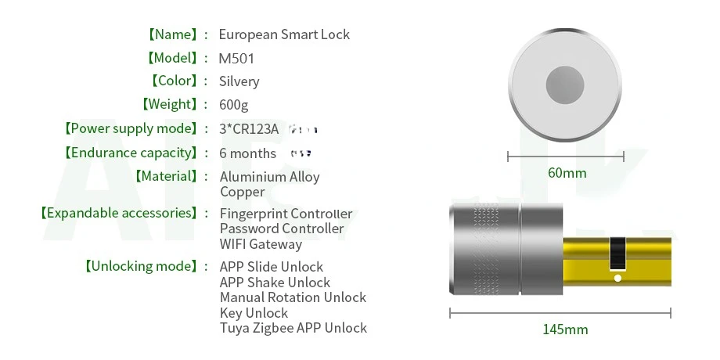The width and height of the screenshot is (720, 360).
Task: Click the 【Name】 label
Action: pyautogui.click(x=171, y=34)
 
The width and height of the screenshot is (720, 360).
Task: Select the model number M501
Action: pyautogui.click(x=236, y=58)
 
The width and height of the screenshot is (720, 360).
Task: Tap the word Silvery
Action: pyautogui.click(x=239, y=81)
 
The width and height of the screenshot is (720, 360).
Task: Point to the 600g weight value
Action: pyautogui.click(x=234, y=105)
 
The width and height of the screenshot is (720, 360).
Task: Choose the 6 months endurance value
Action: pyautogui.click(x=247, y=153)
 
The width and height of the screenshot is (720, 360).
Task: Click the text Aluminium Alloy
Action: pyautogui.click(x=269, y=177)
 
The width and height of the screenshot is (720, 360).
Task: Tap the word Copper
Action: pyautogui.click(x=242, y=192)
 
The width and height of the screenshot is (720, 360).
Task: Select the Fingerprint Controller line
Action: pyautogui.click(x=286, y=214)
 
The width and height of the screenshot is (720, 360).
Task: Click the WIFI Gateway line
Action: pyautogui.click(x=260, y=244)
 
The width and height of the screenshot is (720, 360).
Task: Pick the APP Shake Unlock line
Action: pyautogui.click(x=275, y=283)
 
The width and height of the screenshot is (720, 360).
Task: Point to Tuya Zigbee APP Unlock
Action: pyautogui.click(x=293, y=329)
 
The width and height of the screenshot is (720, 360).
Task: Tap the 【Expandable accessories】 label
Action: pyautogui.click(x=118, y=214)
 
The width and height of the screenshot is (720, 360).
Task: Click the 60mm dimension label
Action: pyautogui.click(x=566, y=173)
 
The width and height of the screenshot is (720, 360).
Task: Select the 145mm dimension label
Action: pyautogui.click(x=565, y=329)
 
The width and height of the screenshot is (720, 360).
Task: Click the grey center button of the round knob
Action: pyautogui.click(x=567, y=86)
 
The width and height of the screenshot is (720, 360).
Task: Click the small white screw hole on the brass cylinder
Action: pyautogui.click(x=617, y=278)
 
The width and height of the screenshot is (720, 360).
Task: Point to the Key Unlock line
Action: pyautogui.click(x=254, y=313)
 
